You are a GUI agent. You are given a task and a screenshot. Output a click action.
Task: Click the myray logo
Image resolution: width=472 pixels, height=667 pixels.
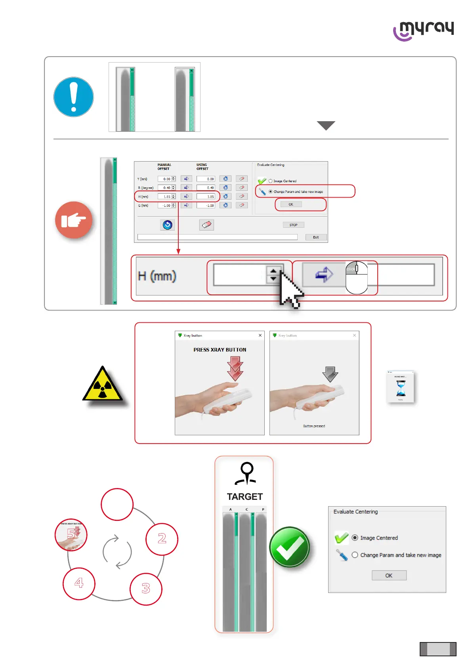(x=423, y=30)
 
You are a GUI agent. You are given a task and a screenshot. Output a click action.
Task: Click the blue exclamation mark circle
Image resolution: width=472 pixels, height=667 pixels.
(x=74, y=97)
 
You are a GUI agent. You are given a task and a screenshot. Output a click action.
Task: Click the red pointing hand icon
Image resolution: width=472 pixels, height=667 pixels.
(x=74, y=220)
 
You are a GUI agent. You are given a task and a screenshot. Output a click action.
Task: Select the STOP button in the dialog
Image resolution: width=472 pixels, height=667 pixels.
(x=293, y=225)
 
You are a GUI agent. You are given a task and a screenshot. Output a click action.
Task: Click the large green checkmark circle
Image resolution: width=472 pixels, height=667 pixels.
(x=289, y=547)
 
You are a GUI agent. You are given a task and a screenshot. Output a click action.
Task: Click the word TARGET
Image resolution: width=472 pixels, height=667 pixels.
(x=245, y=497)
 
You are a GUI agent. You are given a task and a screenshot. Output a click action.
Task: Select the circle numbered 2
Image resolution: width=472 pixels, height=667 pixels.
(x=162, y=539)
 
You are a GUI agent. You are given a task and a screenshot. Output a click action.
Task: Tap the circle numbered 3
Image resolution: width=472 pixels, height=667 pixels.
(x=146, y=589)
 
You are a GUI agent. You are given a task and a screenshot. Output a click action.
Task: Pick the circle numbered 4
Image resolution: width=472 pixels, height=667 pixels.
(x=79, y=583)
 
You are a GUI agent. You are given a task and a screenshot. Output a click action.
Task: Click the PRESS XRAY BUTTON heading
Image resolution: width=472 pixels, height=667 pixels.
(x=220, y=350)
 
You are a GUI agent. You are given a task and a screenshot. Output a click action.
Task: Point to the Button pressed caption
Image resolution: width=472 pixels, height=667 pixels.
(x=314, y=426)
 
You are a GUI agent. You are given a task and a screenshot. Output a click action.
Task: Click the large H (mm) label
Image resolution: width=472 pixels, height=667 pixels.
(x=157, y=276)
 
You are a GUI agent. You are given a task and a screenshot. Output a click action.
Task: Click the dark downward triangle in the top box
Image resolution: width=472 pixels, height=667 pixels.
(x=326, y=125)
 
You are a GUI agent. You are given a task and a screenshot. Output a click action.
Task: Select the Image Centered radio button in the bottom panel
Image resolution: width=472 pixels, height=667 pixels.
(x=355, y=538)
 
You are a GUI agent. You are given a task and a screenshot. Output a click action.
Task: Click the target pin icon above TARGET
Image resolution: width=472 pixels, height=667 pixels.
(x=247, y=473)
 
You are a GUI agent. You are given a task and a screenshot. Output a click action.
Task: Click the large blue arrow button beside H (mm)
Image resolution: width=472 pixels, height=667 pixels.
(x=324, y=274)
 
